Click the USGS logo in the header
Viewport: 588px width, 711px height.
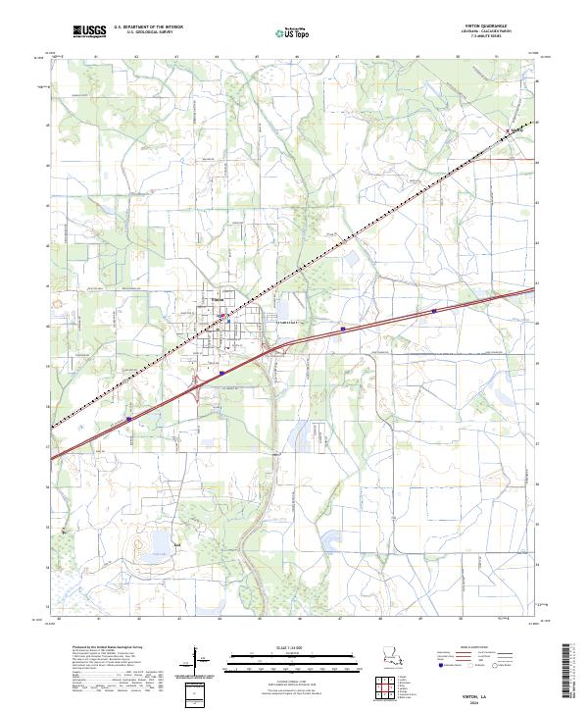tap(90, 32)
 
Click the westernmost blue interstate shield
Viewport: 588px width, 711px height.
tap(129, 419)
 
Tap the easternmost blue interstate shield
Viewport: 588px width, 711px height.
tap(433, 312)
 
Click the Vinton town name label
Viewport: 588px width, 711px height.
tap(219, 300)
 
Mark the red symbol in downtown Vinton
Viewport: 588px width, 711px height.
tap(222, 317)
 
